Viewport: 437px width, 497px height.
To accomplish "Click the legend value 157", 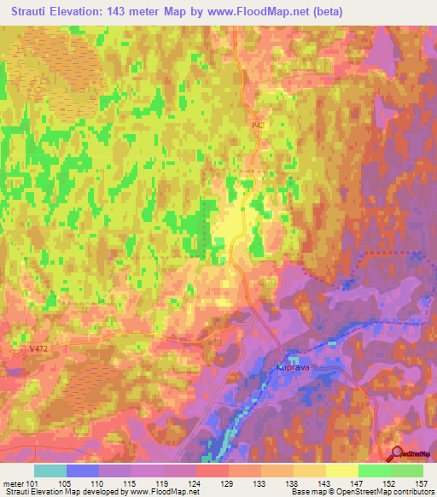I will click(422, 482).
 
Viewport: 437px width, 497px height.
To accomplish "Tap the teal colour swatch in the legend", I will click(50, 470).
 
